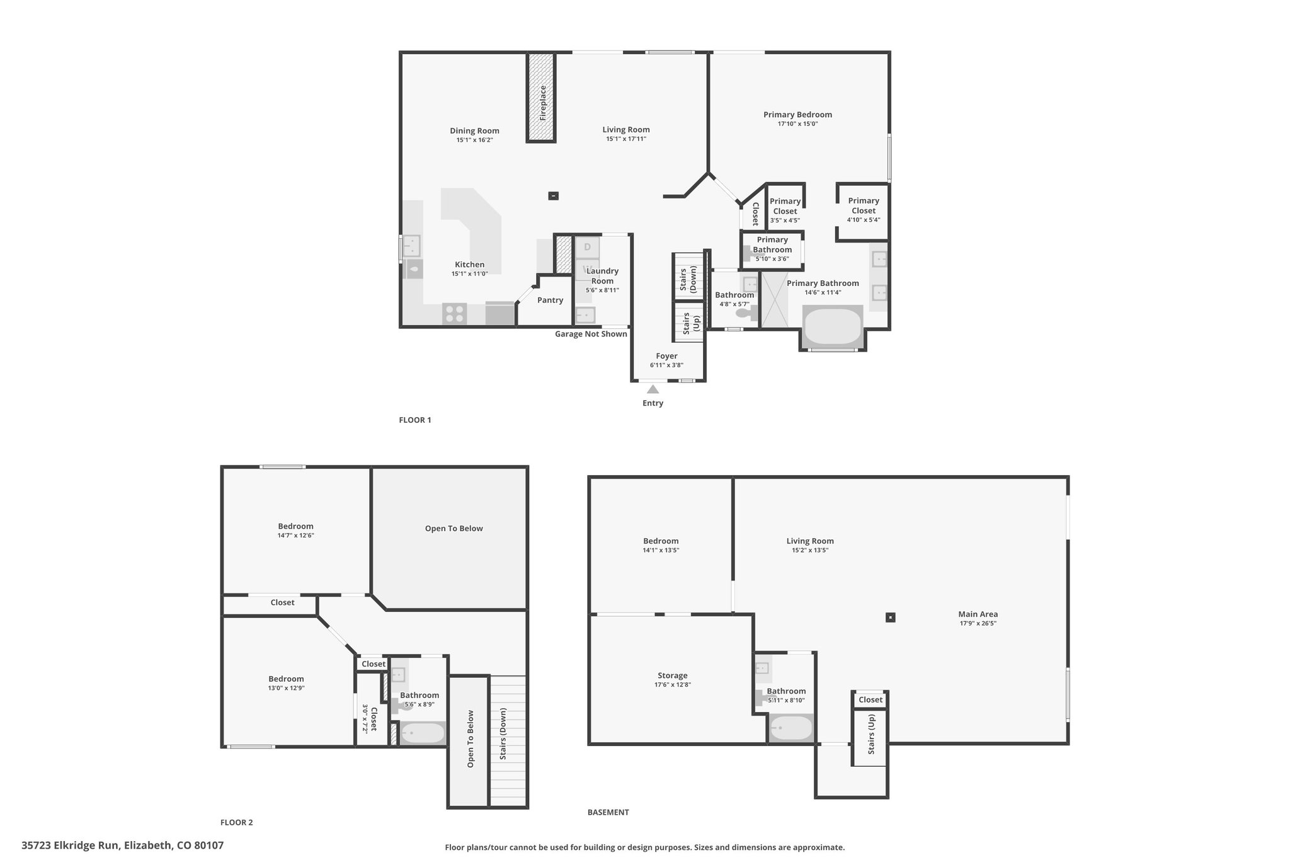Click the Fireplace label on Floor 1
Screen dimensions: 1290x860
click(x=542, y=103)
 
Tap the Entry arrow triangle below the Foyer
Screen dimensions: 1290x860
click(x=653, y=389)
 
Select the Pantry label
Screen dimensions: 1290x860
click(x=550, y=301)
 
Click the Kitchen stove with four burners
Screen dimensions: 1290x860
click(x=454, y=313)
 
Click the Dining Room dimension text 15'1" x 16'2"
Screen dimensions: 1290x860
click(x=474, y=140)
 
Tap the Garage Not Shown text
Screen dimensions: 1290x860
click(x=591, y=334)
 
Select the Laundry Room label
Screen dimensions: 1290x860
click(x=602, y=276)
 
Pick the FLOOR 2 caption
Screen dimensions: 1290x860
click(x=236, y=822)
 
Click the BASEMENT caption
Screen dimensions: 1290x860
click(x=608, y=812)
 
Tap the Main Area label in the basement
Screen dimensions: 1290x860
click(x=978, y=614)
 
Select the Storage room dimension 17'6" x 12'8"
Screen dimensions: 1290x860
click(x=672, y=685)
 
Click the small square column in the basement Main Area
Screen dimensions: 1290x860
click(x=890, y=617)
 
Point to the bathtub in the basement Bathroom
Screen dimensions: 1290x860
click(x=791, y=729)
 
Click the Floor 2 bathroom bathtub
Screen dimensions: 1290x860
click(x=423, y=733)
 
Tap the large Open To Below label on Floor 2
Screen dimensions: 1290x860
click(x=454, y=529)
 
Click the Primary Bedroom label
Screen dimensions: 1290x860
click(x=797, y=115)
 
